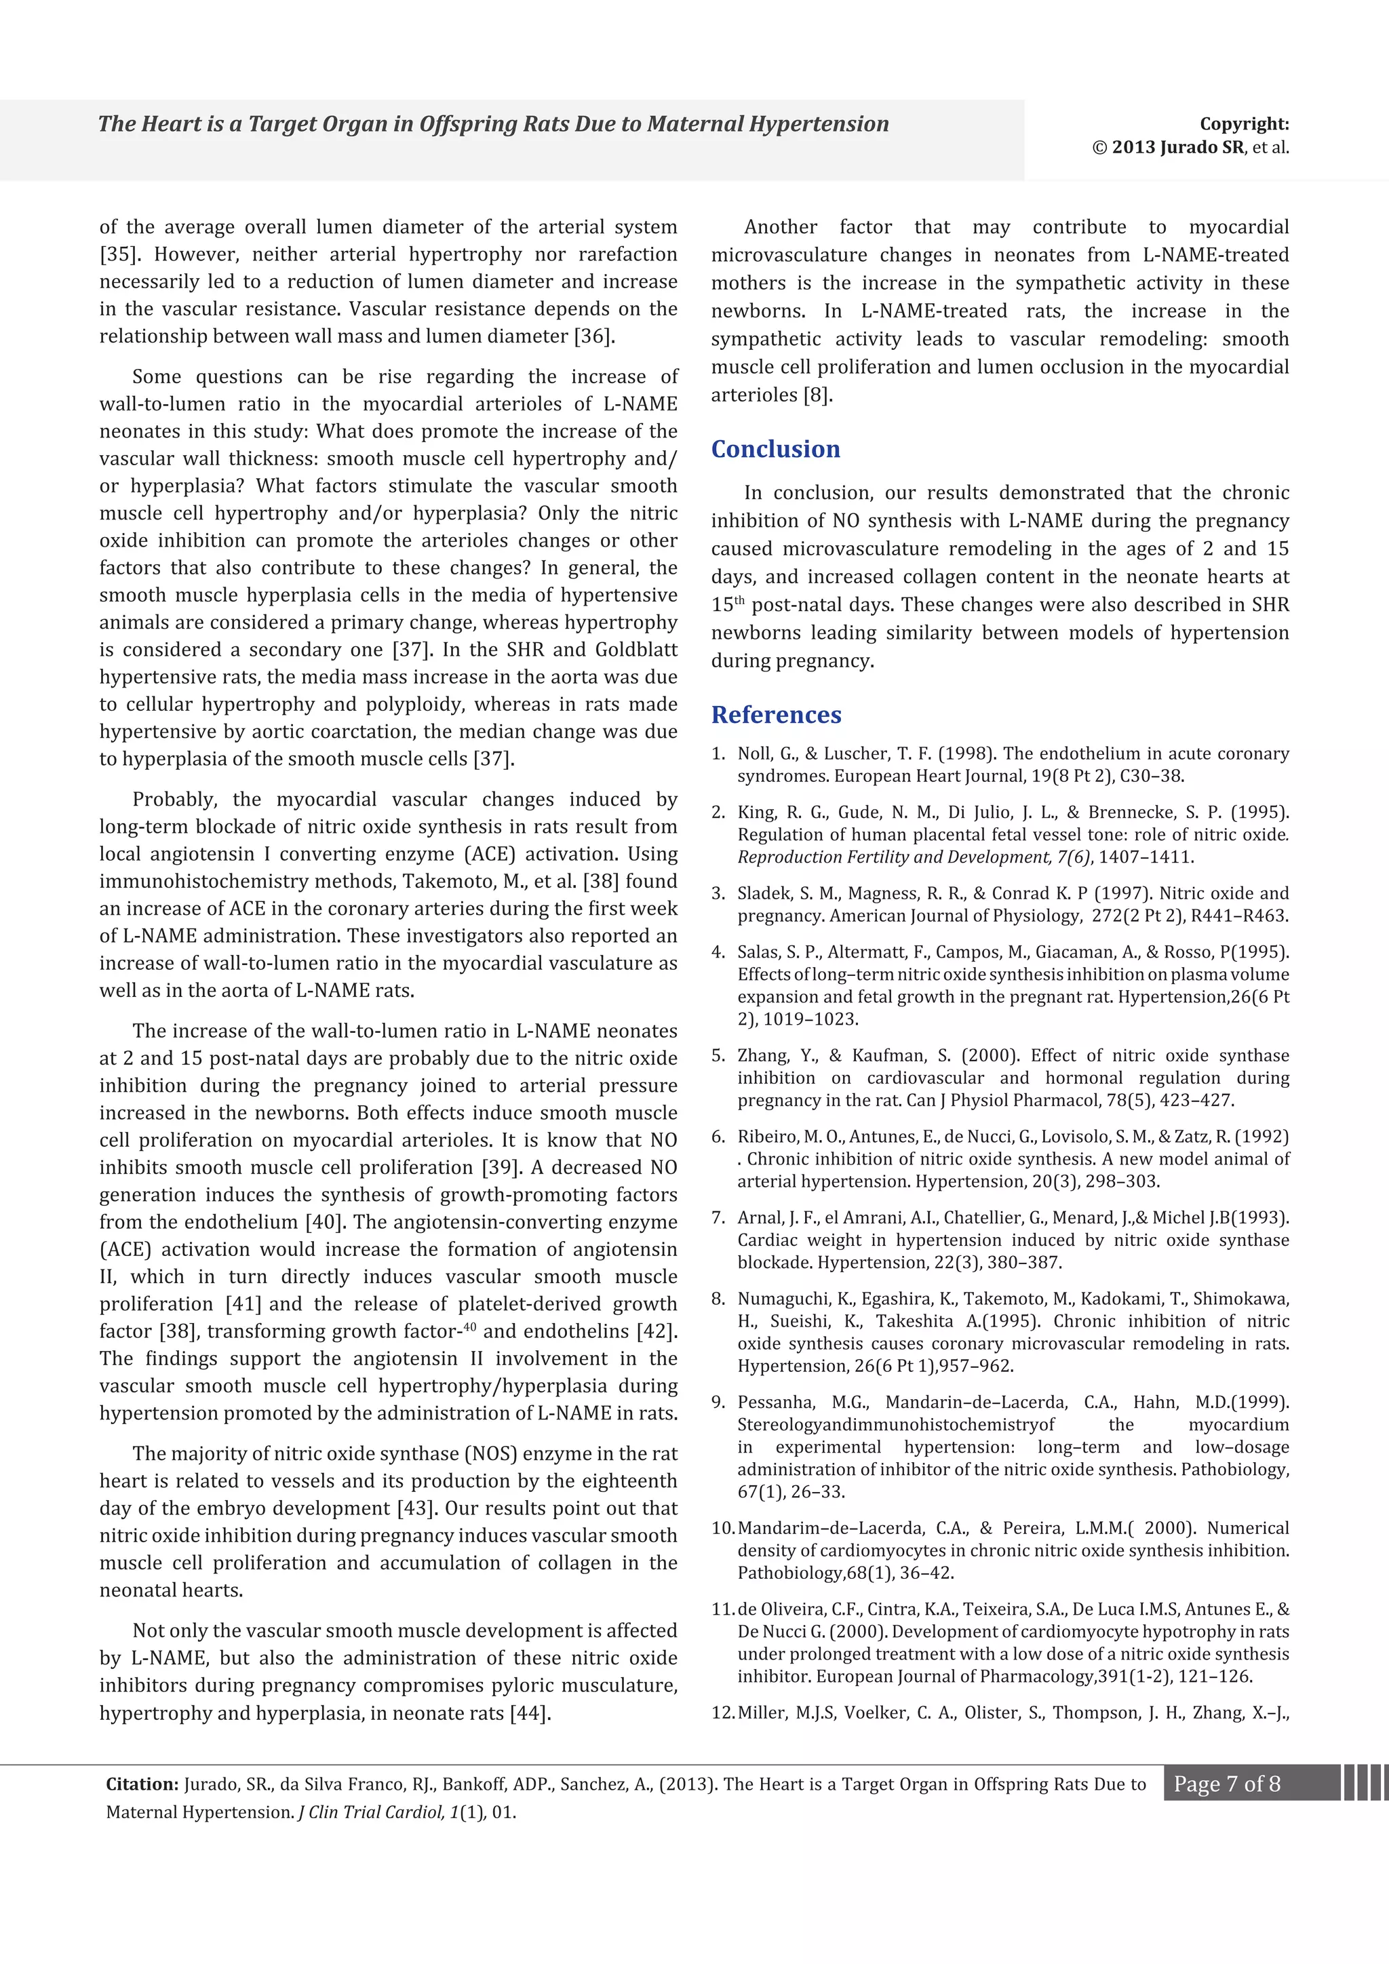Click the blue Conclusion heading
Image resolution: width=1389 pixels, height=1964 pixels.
(x=775, y=449)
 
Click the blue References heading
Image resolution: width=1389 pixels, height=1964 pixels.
(x=776, y=714)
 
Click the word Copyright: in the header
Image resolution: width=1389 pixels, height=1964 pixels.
(x=1244, y=124)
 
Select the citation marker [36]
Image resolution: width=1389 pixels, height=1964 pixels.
(x=593, y=336)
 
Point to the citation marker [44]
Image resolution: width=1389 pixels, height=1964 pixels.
(x=530, y=1712)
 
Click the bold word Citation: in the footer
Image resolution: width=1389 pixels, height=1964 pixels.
(x=142, y=1784)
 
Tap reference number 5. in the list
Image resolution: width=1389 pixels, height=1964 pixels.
(x=718, y=1055)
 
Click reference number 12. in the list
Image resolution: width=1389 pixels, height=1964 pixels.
(x=724, y=1712)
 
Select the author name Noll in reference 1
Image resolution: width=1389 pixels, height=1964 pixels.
(x=754, y=753)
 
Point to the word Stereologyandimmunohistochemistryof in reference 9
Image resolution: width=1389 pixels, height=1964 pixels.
(x=895, y=1424)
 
